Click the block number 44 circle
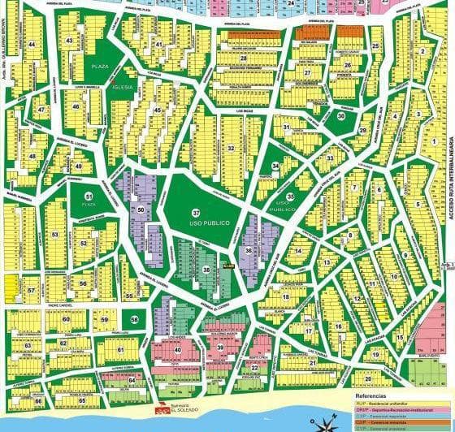pos(32,43)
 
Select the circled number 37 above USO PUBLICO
pos(195,212)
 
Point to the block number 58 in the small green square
pos(134,320)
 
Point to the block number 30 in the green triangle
pos(341,116)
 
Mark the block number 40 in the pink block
pos(177,350)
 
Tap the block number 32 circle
pos(232,148)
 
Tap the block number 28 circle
pos(243,58)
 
